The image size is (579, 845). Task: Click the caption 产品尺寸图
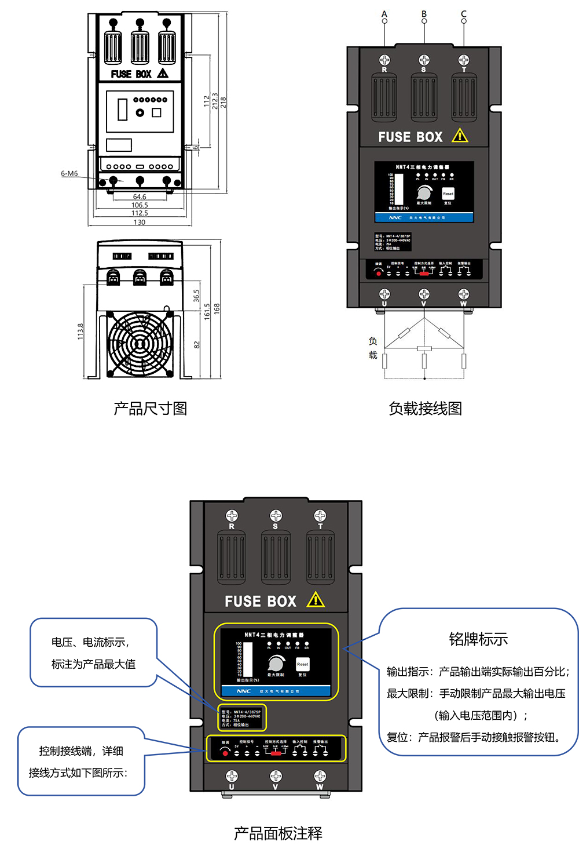150,409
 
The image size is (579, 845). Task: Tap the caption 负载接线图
425,409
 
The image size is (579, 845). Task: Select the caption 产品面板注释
278,833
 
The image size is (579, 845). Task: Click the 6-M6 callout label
69,173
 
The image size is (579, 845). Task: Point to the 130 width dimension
140,222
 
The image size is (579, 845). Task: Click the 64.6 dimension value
140,197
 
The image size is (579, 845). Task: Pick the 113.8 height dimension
80,331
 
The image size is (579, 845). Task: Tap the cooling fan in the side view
140,344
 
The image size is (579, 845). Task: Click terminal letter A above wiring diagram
384,14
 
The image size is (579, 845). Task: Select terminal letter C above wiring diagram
463,14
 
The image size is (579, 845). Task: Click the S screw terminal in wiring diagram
424,60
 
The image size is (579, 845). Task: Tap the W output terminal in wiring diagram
464,294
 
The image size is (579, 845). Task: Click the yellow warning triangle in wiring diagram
460,136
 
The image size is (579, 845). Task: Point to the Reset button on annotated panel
302,664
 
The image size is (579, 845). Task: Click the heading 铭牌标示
478,639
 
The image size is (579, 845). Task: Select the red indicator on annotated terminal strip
225,753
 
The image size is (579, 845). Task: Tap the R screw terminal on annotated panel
232,516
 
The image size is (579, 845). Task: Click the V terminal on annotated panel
276,777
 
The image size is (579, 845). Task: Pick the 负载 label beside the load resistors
373,348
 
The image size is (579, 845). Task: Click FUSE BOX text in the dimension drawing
131,74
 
